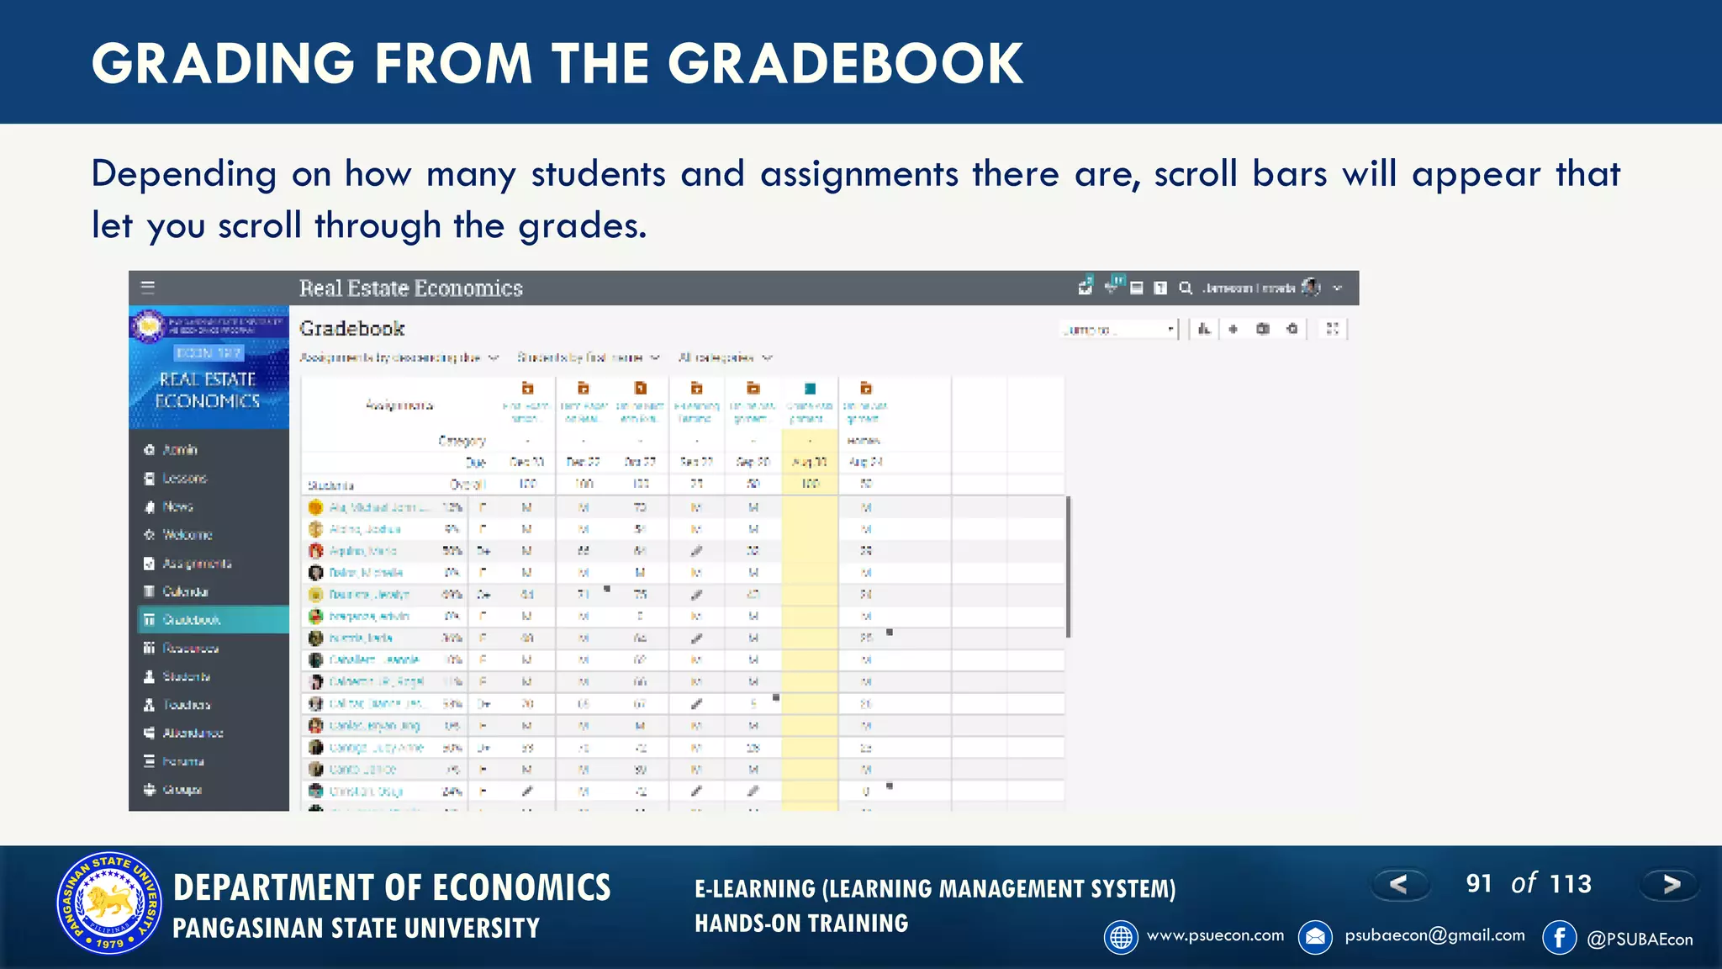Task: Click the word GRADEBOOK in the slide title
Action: (x=845, y=64)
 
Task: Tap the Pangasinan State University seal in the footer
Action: (x=108, y=903)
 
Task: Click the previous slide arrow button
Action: (x=1399, y=884)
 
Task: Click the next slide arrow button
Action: (x=1671, y=884)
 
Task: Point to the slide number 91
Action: (x=1479, y=883)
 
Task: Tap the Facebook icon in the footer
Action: (x=1559, y=937)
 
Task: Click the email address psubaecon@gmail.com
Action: (x=1434, y=935)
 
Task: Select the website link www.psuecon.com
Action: (x=1215, y=935)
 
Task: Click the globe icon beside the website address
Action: (x=1121, y=937)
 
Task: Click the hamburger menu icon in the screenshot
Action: (x=148, y=288)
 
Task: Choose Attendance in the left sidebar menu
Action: (x=193, y=733)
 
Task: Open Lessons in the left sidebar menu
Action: (x=184, y=478)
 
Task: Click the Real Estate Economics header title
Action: (x=411, y=289)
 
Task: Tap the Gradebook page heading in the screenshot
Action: (x=352, y=328)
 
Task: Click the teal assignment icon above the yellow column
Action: (x=810, y=389)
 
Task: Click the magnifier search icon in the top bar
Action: (x=1186, y=289)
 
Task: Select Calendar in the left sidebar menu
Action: (x=185, y=591)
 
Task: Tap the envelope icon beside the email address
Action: (x=1315, y=937)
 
